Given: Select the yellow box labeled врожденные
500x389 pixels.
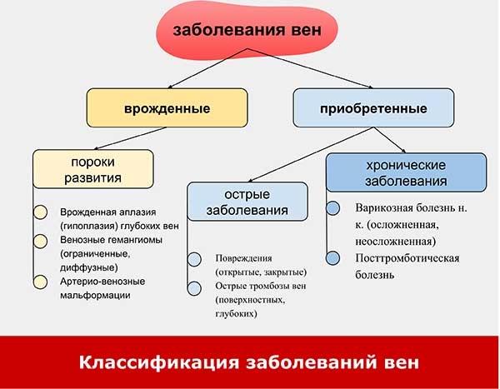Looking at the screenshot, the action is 167,107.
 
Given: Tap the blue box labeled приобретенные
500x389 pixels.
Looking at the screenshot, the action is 373,107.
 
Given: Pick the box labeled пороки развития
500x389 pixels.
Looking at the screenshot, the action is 93,169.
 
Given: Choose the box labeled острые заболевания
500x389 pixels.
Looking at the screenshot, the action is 247,202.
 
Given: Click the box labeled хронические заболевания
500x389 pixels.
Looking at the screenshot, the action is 407,172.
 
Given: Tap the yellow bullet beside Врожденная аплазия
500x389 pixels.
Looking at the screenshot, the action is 41,212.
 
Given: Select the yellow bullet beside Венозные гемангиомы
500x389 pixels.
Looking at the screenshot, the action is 41,241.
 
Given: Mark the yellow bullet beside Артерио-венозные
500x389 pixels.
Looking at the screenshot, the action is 41,282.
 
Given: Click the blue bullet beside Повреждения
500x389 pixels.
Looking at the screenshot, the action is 194,259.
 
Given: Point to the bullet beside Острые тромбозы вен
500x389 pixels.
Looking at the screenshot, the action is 194,288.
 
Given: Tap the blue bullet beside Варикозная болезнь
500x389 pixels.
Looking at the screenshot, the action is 332,208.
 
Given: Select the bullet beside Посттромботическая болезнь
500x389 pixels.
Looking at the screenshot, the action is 332,258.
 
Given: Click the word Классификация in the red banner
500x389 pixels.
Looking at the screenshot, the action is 159,362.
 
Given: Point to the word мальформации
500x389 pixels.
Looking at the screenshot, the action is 95,295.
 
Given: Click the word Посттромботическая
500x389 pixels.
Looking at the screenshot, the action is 407,258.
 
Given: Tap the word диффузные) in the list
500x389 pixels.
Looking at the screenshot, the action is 89,267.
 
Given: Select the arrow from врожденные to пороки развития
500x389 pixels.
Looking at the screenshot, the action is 131,138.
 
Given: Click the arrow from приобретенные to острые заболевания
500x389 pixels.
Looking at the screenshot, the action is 310,155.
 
